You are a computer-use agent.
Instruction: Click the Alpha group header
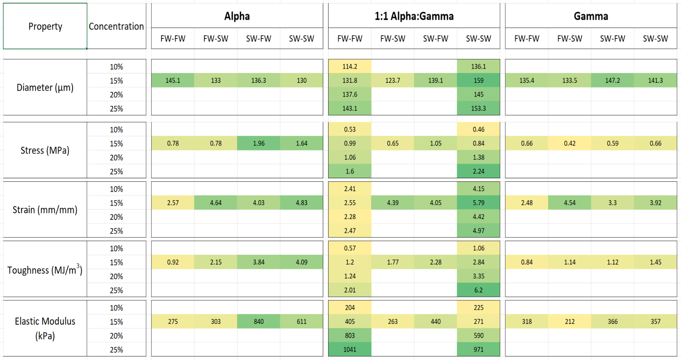[237, 16]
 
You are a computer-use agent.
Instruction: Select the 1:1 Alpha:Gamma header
[414, 16]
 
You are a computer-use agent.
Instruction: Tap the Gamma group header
[591, 16]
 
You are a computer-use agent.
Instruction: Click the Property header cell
[45, 26]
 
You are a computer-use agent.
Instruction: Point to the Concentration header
[116, 26]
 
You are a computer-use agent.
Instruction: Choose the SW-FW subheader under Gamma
[612, 38]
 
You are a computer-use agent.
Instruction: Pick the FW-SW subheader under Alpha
[216, 38]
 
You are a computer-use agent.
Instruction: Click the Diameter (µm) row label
[45, 87]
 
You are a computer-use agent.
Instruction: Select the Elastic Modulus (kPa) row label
[45, 328]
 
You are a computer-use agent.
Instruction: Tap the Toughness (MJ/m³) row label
[45, 269]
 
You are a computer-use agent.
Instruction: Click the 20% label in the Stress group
[116, 157]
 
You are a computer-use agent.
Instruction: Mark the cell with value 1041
[350, 350]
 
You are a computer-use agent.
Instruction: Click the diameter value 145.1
[173, 80]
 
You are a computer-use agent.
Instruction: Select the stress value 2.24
[478, 171]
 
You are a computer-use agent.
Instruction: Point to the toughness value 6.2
[478, 290]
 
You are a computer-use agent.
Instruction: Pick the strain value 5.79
[478, 203]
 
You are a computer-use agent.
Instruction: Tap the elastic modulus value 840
[258, 322]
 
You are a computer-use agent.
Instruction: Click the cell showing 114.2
[350, 66]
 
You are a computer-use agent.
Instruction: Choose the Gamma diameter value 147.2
[612, 80]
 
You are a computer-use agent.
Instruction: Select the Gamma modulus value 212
[570, 322]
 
